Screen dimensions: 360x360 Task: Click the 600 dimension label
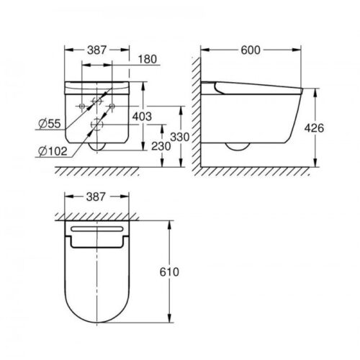(251, 50)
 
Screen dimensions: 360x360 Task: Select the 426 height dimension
(314, 128)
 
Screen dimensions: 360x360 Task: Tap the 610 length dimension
(169, 272)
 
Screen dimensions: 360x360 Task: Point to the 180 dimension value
(148, 59)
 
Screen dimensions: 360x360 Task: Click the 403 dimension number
(142, 117)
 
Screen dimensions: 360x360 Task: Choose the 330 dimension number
(180, 137)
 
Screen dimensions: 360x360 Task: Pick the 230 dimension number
(161, 146)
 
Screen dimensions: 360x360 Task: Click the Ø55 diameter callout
(50, 124)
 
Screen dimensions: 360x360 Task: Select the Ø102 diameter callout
(53, 151)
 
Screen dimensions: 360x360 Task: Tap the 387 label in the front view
(96, 50)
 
